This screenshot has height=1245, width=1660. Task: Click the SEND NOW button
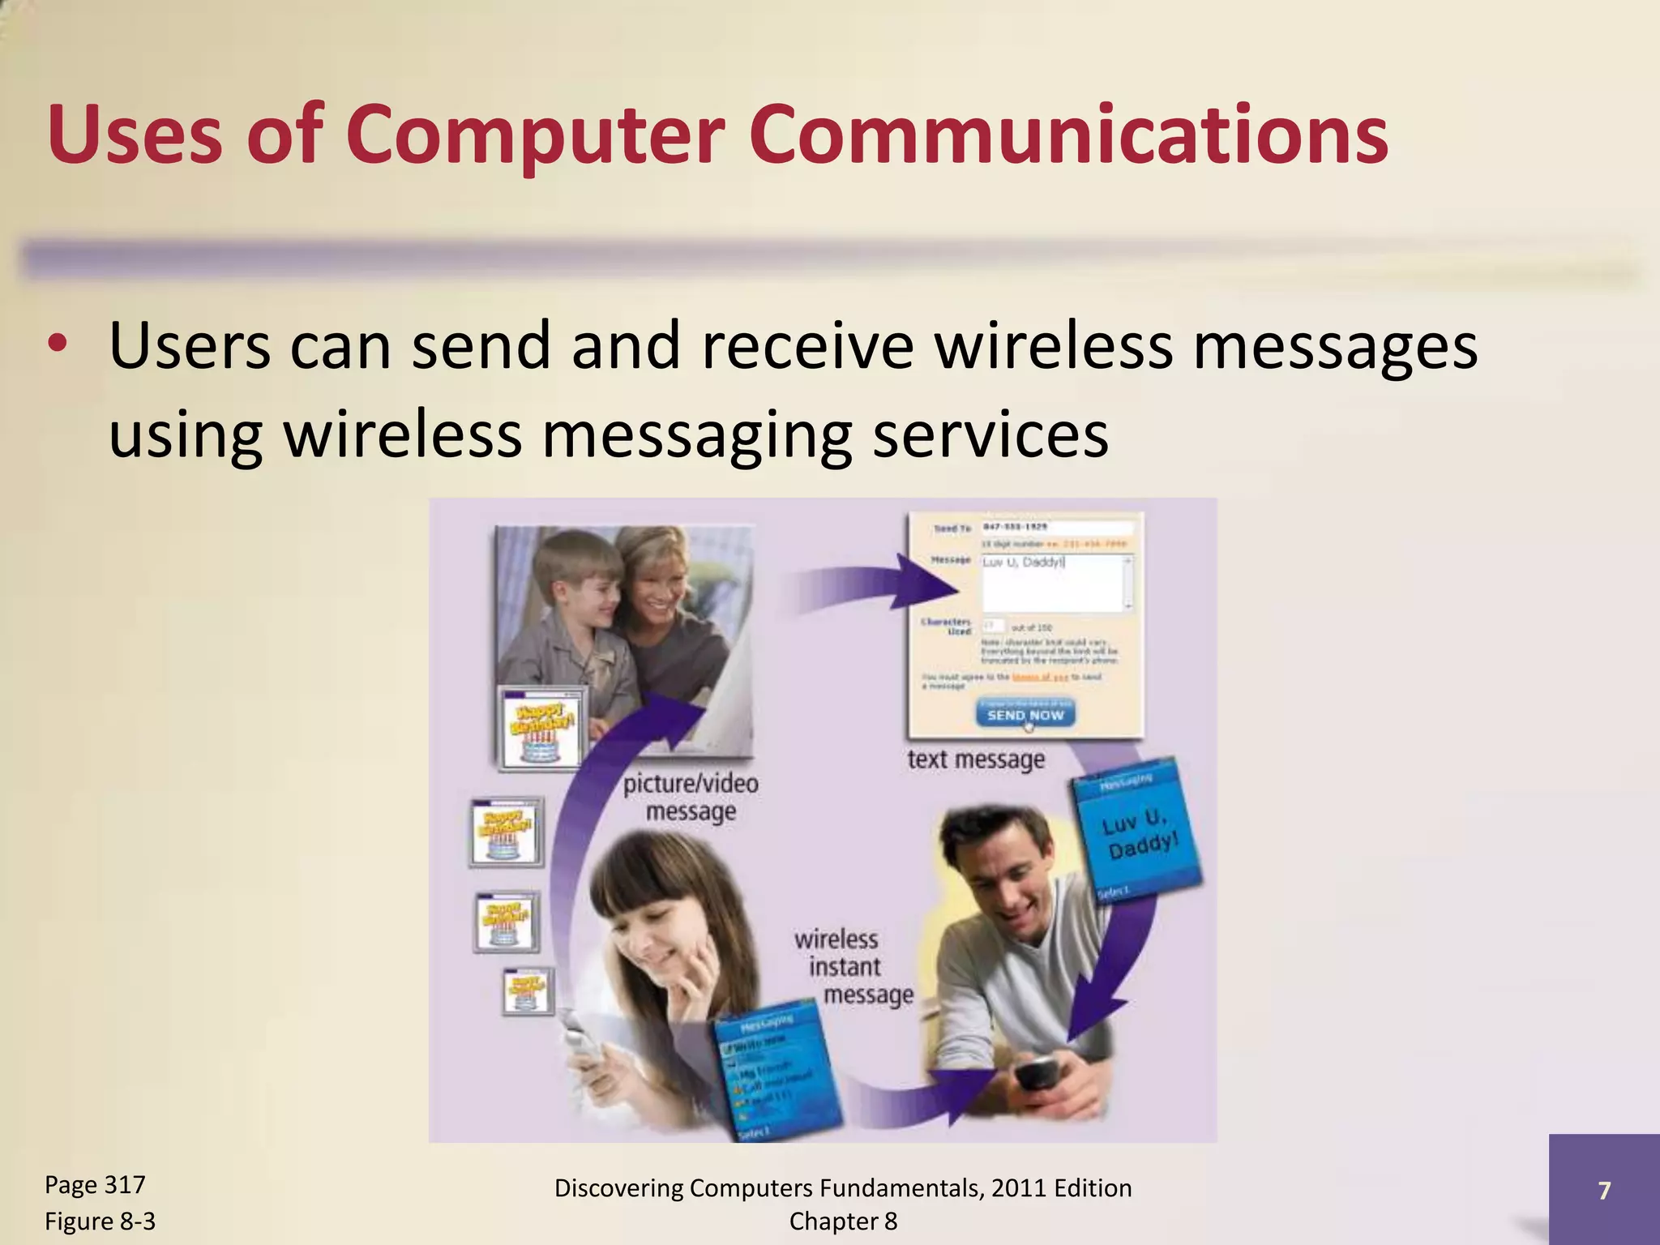tap(1025, 714)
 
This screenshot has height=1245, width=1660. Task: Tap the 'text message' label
tap(976, 759)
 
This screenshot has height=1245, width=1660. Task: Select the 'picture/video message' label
tap(691, 797)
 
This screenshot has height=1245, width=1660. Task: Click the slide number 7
tap(1603, 1190)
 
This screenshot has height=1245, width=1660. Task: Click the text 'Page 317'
tap(95, 1184)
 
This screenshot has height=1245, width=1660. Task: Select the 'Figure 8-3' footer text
tap(100, 1221)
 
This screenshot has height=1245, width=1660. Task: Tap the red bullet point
tap(57, 344)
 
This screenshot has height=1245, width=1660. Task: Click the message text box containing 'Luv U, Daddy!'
tap(1055, 583)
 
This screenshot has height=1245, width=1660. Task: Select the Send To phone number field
tap(1055, 527)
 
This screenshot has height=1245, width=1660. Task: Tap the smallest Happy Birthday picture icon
tap(528, 990)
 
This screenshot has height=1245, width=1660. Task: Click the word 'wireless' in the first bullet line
tap(1053, 347)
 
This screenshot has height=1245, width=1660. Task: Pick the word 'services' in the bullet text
tap(990, 434)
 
